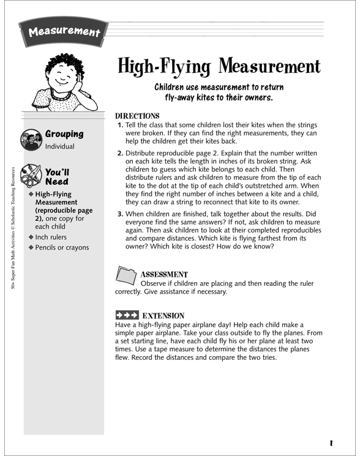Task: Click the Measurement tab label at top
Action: click(64, 31)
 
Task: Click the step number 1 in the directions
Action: click(120, 125)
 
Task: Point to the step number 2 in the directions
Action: click(120, 152)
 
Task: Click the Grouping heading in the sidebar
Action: click(64, 134)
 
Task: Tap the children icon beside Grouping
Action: click(31, 140)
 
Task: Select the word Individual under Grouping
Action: click(59, 147)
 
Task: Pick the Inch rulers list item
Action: click(51, 237)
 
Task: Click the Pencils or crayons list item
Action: click(62, 248)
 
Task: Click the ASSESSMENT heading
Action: click(164, 275)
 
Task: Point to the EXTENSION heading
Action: click(163, 316)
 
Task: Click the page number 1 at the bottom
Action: click(331, 443)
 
